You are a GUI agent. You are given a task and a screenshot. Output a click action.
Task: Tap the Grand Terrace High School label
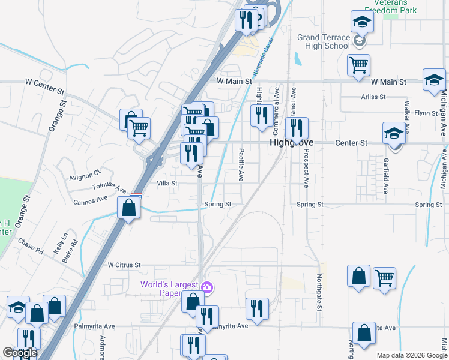324,41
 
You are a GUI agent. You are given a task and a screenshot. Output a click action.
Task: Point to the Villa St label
167,183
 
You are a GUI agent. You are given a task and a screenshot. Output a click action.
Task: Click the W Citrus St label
124,264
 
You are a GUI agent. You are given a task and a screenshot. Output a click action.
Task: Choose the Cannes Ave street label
91,200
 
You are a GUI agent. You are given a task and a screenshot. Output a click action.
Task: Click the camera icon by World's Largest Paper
207,288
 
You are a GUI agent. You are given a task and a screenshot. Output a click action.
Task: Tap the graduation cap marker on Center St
394,134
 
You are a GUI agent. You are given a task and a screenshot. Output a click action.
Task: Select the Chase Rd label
31,247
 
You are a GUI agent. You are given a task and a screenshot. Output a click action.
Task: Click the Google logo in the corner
19,353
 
